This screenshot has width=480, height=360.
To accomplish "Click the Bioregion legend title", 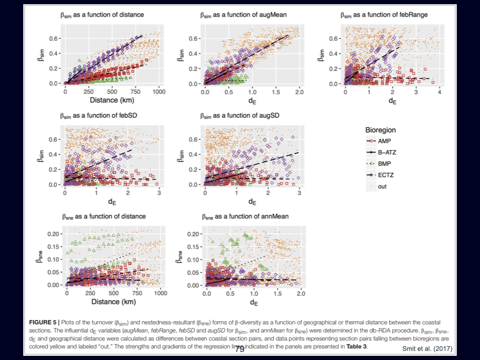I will point(381,129).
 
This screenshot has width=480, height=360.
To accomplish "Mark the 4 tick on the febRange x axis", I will point(439,92).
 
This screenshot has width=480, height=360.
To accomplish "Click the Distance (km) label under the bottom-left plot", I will point(112,302).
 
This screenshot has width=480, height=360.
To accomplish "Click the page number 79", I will point(240,349).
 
